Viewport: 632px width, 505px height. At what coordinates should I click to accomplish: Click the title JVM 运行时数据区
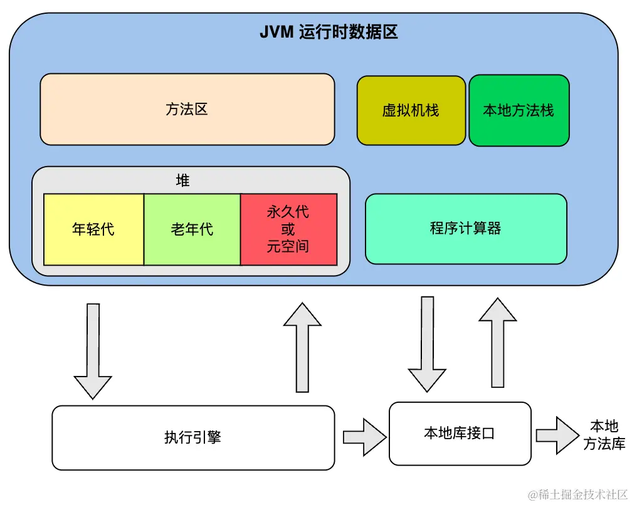click(x=329, y=33)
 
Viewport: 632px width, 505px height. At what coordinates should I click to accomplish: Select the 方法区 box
click(x=187, y=110)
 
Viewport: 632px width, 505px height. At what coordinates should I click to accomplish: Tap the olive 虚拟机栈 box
click(x=411, y=111)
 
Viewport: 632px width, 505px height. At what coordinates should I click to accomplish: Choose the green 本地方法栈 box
click(x=519, y=111)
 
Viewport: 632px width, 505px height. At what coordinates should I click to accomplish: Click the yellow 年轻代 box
click(x=93, y=229)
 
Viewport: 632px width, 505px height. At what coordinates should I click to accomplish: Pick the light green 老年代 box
click(x=192, y=229)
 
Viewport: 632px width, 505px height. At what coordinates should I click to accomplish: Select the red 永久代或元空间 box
click(x=288, y=229)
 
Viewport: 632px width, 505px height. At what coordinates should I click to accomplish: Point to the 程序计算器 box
click(x=466, y=228)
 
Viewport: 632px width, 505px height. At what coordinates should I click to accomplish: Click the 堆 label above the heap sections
click(x=182, y=181)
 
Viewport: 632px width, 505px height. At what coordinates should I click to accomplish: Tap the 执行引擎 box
click(x=193, y=437)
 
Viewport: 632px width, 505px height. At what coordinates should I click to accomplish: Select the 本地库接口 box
click(x=460, y=433)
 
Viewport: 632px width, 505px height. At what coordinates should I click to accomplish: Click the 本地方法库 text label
click(x=604, y=435)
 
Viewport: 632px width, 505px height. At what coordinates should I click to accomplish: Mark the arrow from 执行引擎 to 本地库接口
click(x=364, y=437)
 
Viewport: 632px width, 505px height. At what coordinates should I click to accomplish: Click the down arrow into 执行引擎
click(x=93, y=351)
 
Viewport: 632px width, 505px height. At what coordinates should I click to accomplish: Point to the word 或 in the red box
click(x=288, y=229)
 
